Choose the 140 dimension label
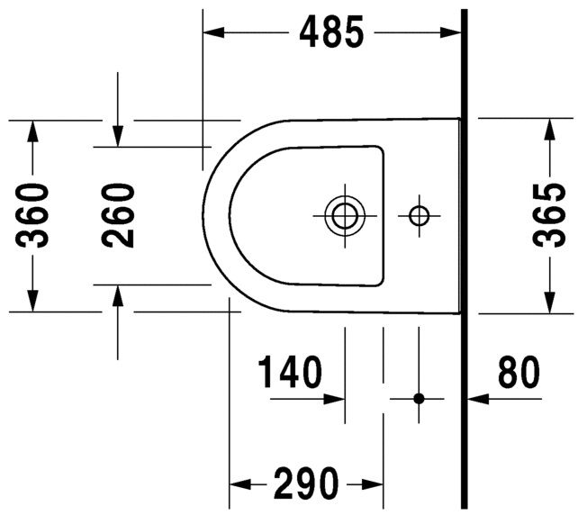tap(289, 373)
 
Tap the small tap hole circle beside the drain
tap(419, 215)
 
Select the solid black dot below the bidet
tap(419, 397)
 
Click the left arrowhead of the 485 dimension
tap(213, 33)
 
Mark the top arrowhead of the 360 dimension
tap(33, 131)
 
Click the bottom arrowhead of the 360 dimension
tap(33, 301)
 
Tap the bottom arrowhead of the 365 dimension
tap(547, 303)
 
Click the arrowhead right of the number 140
tap(336, 397)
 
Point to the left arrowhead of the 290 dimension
tap(239, 483)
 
